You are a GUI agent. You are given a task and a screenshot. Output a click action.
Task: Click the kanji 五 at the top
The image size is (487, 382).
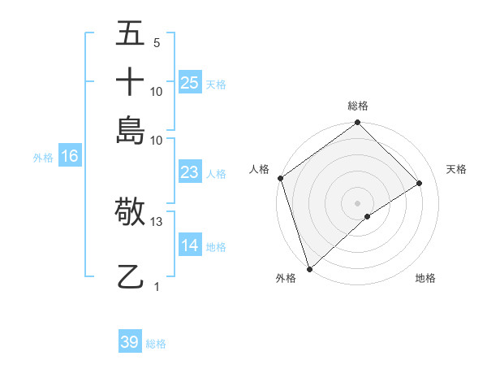click(130, 35)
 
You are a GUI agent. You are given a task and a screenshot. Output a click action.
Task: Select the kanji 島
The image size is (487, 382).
click(130, 129)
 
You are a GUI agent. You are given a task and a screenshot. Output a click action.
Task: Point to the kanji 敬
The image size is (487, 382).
click(130, 213)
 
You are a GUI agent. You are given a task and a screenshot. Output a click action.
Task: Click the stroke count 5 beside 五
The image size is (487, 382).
click(157, 43)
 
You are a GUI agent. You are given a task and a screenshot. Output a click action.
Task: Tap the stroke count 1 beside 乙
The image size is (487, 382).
click(157, 286)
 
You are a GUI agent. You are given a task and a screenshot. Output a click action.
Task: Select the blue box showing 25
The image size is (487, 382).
click(190, 82)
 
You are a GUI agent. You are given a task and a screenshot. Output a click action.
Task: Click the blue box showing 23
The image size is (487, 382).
click(190, 172)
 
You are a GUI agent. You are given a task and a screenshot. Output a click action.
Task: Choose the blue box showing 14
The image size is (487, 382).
click(190, 245)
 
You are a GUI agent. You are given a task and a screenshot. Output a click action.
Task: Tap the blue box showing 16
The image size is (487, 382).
click(69, 157)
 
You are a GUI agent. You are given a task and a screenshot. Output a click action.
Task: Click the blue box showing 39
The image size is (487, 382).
click(130, 342)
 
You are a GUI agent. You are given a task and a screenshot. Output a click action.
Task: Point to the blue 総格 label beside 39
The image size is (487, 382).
click(156, 344)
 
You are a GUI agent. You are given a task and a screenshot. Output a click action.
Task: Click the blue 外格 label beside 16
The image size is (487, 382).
click(43, 158)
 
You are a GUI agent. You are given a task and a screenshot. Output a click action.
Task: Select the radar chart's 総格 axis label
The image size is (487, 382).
click(358, 106)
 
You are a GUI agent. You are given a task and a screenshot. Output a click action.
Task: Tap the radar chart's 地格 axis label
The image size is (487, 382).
click(425, 279)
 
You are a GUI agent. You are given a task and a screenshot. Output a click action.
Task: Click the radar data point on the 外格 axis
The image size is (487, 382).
click(309, 269)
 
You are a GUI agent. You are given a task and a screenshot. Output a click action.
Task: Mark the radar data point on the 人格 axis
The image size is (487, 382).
click(280, 178)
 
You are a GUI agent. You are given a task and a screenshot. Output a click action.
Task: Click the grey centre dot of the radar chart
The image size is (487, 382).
click(358, 202)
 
